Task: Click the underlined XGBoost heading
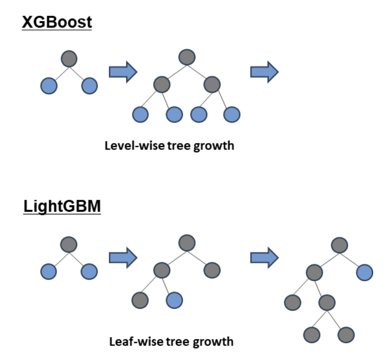coord(56,22)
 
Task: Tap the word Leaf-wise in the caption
coord(128,341)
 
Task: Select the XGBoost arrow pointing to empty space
coord(264,72)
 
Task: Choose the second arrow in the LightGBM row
coord(264,258)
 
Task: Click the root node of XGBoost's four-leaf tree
coord(187,57)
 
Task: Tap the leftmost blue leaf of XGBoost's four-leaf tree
coord(140,114)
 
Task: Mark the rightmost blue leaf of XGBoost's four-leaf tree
coord(232,114)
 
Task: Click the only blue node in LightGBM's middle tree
coord(174,300)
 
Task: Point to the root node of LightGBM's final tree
coord(339,245)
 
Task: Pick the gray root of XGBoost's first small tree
coord(69,59)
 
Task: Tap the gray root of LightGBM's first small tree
coord(69,244)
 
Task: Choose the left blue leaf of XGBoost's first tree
coord(49,86)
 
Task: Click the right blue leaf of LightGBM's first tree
coord(89,271)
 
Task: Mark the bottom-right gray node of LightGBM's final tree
coord(346,334)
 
